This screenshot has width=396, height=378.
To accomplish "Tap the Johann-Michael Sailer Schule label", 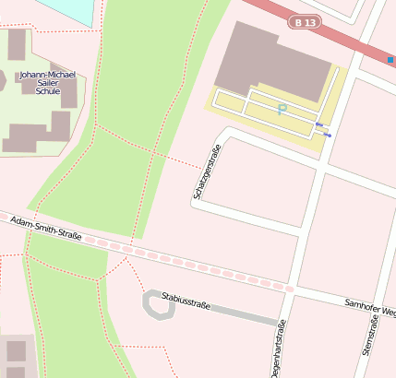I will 46,84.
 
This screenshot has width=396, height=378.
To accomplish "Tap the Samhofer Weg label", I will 369,308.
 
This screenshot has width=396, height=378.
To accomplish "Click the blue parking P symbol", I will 282,109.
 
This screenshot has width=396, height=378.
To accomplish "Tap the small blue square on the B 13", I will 390,59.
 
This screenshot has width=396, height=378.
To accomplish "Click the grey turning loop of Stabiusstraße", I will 158,305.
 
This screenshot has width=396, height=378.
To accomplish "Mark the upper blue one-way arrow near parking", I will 319,124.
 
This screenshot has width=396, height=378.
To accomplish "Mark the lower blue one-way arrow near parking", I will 328,136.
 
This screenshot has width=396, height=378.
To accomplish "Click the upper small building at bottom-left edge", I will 16,350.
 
